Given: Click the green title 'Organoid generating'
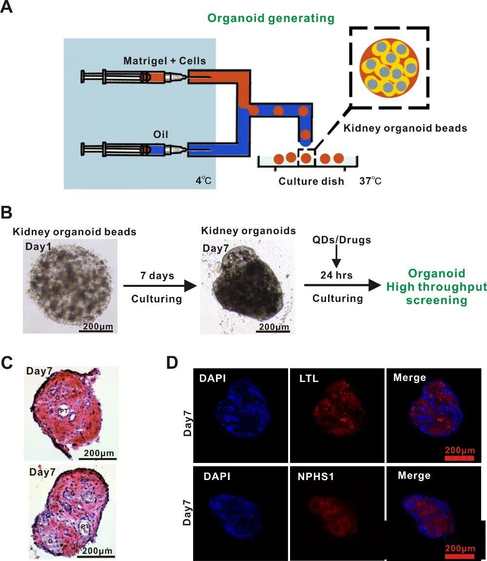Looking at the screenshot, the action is click(271, 18).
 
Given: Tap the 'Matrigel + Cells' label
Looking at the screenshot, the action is click(164, 61).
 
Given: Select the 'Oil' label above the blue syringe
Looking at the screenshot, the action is click(160, 135).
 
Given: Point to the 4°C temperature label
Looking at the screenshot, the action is click(203, 180).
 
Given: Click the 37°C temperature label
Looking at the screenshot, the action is click(370, 180).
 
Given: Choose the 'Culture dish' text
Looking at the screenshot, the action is click(311, 181).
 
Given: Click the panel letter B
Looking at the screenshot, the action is click(6, 212).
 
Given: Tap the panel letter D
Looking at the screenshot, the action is click(172, 362).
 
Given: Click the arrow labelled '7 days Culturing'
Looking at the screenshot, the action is click(160, 286).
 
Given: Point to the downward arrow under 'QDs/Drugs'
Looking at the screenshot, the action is click(336, 257).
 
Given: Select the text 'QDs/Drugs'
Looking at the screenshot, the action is click(341, 240).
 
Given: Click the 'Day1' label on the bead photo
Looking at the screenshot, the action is click(38, 246).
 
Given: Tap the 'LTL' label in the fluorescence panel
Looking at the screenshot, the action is click(309, 378).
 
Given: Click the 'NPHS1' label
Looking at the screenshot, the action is click(316, 477).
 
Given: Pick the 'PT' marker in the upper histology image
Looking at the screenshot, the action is click(64, 411).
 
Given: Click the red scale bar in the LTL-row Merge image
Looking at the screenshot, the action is click(460, 458).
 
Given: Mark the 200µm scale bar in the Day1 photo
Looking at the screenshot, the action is click(96, 331).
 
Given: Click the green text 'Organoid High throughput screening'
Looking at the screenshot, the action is click(437, 286).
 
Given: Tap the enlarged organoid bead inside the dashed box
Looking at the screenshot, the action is click(389, 67).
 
